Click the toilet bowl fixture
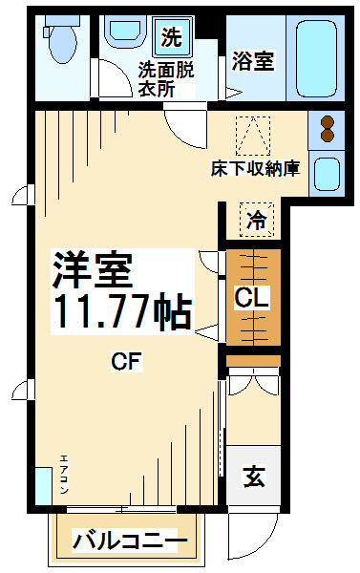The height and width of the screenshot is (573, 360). (x=61, y=41)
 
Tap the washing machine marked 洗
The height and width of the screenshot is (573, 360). (x=173, y=37)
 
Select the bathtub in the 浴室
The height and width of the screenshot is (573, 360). (x=316, y=58)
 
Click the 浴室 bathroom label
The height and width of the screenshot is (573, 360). (x=253, y=61)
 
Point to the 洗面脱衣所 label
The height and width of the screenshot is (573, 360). (x=166, y=79)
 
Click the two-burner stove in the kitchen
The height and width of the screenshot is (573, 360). (x=328, y=129)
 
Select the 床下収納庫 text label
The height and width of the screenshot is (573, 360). (x=256, y=169)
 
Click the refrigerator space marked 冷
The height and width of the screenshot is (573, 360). (x=257, y=220)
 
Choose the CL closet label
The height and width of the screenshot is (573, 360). (x=252, y=297)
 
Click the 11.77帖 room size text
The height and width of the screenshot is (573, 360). (x=123, y=311)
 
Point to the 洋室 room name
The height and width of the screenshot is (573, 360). (x=92, y=270)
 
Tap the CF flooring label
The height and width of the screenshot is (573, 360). (x=126, y=361)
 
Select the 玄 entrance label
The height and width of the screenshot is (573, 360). (x=254, y=477)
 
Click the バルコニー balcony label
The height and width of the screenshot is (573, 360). (x=130, y=541)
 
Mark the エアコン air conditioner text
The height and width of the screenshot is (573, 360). (x=64, y=475)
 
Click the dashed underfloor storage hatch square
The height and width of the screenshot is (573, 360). (x=253, y=136)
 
